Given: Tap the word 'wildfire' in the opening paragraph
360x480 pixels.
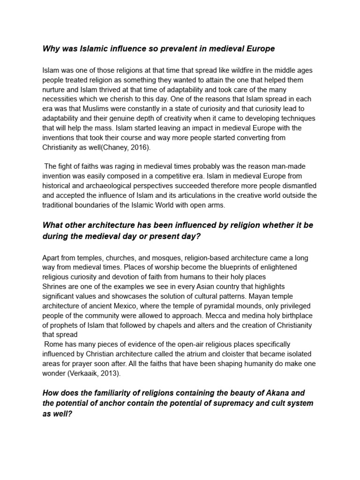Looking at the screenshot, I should tap(210, 70).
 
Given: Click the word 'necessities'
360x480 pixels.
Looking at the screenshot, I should tap(60, 99).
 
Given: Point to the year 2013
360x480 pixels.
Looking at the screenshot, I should tap(113, 373).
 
